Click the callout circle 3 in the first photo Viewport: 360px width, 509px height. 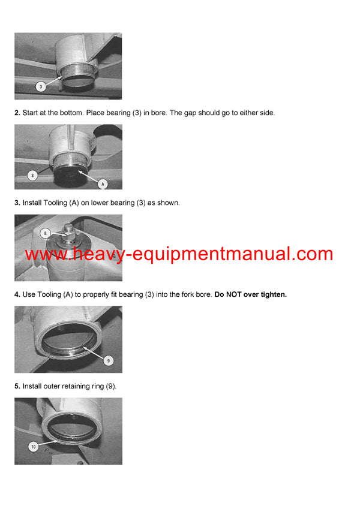pos(40,87)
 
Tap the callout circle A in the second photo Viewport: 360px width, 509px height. pos(103,183)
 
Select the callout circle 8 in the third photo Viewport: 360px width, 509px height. pos(44,233)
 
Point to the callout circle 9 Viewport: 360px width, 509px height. pos(108,360)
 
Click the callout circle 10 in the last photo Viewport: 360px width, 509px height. pos(33,447)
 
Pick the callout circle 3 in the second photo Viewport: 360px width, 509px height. pos(32,175)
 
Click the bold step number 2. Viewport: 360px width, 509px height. pos(17,113)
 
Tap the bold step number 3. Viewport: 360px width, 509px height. pos(17,203)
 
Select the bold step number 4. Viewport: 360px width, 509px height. pos(17,294)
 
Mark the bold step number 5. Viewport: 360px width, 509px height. pos(17,386)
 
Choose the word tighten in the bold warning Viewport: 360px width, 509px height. pos(274,294)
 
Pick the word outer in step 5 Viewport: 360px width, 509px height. pos(49,386)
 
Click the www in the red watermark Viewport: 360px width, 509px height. pos(45,254)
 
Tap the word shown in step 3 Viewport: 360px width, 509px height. pos(167,203)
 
